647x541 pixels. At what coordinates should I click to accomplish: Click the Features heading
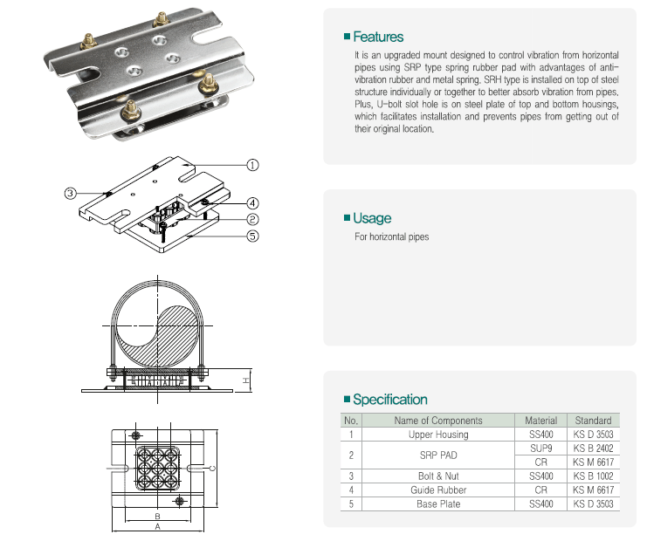click(378, 37)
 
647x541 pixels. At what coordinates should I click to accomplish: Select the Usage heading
click(372, 218)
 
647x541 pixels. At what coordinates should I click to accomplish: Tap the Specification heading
click(389, 400)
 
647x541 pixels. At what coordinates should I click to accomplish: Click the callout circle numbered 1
click(252, 164)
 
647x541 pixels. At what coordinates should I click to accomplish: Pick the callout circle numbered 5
click(252, 235)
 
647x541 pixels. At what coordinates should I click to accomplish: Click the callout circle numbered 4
click(252, 202)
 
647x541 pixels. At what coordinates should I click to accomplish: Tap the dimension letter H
click(246, 380)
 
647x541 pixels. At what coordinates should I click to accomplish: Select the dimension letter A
click(157, 527)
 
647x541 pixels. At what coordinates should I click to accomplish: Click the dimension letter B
click(157, 517)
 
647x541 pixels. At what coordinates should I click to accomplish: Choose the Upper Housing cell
click(438, 434)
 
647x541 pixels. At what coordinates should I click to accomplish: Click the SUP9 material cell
click(541, 447)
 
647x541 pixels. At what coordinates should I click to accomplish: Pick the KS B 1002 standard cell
click(594, 476)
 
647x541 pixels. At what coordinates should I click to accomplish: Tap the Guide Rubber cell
click(438, 490)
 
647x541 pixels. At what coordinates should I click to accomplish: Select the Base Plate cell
click(438, 504)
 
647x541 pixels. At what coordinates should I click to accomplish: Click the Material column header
click(541, 420)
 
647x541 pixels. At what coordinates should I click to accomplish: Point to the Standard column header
click(594, 420)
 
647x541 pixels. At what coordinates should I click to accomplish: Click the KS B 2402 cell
click(594, 447)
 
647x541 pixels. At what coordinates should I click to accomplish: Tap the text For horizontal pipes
click(392, 236)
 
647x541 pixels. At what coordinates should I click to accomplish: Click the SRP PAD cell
click(438, 455)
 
